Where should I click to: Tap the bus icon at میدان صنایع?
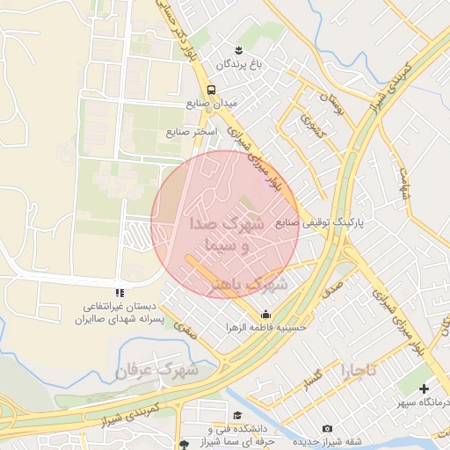pos(211,90)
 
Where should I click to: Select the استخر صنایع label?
pos(191,132)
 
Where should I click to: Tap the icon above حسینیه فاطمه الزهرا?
pos(265,315)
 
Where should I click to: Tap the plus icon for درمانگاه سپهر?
pos(425,388)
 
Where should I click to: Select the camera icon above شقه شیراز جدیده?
pos(328,428)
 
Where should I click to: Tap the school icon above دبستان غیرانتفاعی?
pos(120,293)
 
